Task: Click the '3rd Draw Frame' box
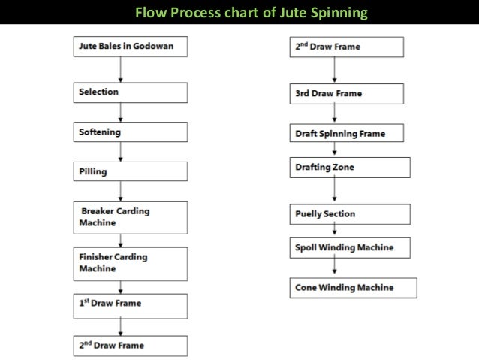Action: point(347,94)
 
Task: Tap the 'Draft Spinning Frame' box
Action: point(347,134)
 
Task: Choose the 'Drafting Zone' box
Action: point(350,167)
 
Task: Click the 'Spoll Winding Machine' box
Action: point(352,247)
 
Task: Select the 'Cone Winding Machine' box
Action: point(352,287)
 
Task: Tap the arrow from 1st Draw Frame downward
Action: point(121,325)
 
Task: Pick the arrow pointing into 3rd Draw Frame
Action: point(335,71)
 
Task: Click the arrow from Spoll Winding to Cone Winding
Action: point(335,267)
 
